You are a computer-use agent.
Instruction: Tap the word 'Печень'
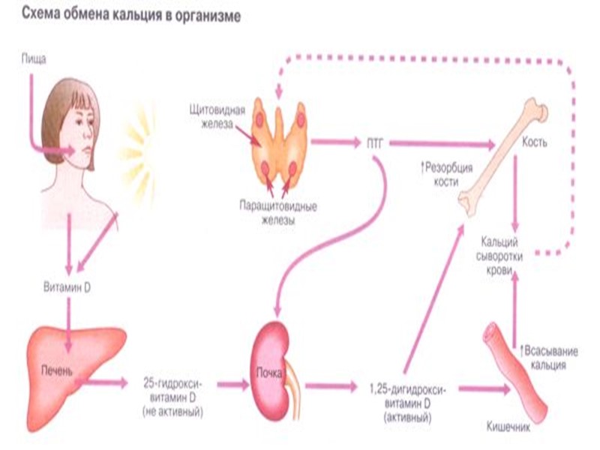click(x=60, y=367)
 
